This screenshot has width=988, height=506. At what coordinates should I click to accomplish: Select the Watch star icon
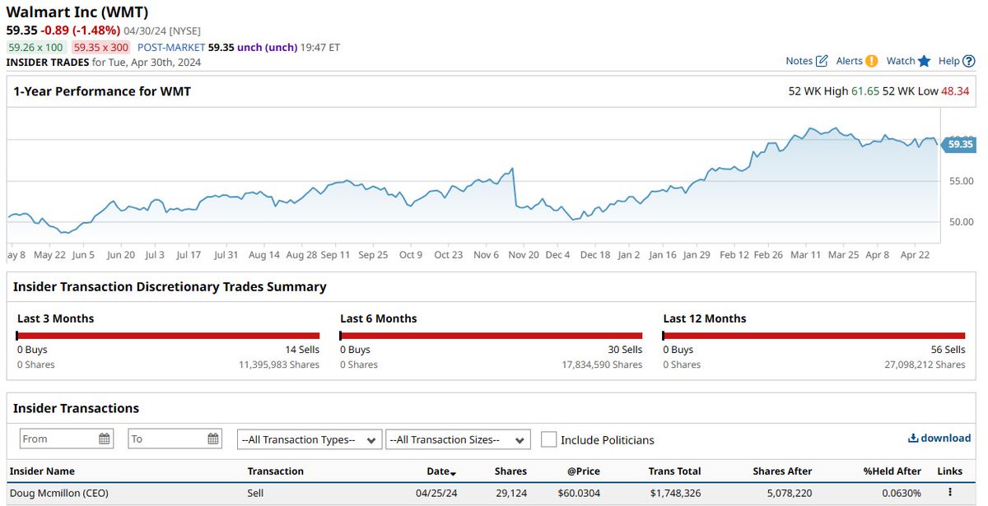(x=924, y=61)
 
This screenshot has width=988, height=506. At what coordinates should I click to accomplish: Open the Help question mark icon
(x=968, y=61)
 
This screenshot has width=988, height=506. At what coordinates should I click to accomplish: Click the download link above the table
(x=939, y=439)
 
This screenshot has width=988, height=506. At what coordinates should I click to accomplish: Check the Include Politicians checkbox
(x=549, y=439)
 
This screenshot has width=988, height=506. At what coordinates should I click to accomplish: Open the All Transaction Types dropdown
(x=310, y=439)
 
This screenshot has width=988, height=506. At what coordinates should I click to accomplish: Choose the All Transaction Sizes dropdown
(x=458, y=439)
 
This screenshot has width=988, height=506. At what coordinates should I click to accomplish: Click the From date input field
(x=58, y=439)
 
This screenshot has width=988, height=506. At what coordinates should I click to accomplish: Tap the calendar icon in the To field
(x=213, y=439)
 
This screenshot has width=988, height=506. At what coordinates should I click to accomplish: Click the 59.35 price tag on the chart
(x=959, y=144)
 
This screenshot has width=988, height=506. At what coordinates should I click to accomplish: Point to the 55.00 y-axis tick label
(x=961, y=181)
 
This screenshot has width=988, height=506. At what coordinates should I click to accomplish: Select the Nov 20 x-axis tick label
(x=524, y=255)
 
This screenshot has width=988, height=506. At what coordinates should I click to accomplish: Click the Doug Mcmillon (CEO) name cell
(x=58, y=493)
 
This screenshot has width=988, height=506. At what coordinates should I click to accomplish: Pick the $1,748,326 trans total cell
(x=674, y=493)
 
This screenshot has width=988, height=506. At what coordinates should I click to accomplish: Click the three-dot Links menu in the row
(x=949, y=493)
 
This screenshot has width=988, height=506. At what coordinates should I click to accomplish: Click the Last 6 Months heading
(x=379, y=318)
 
